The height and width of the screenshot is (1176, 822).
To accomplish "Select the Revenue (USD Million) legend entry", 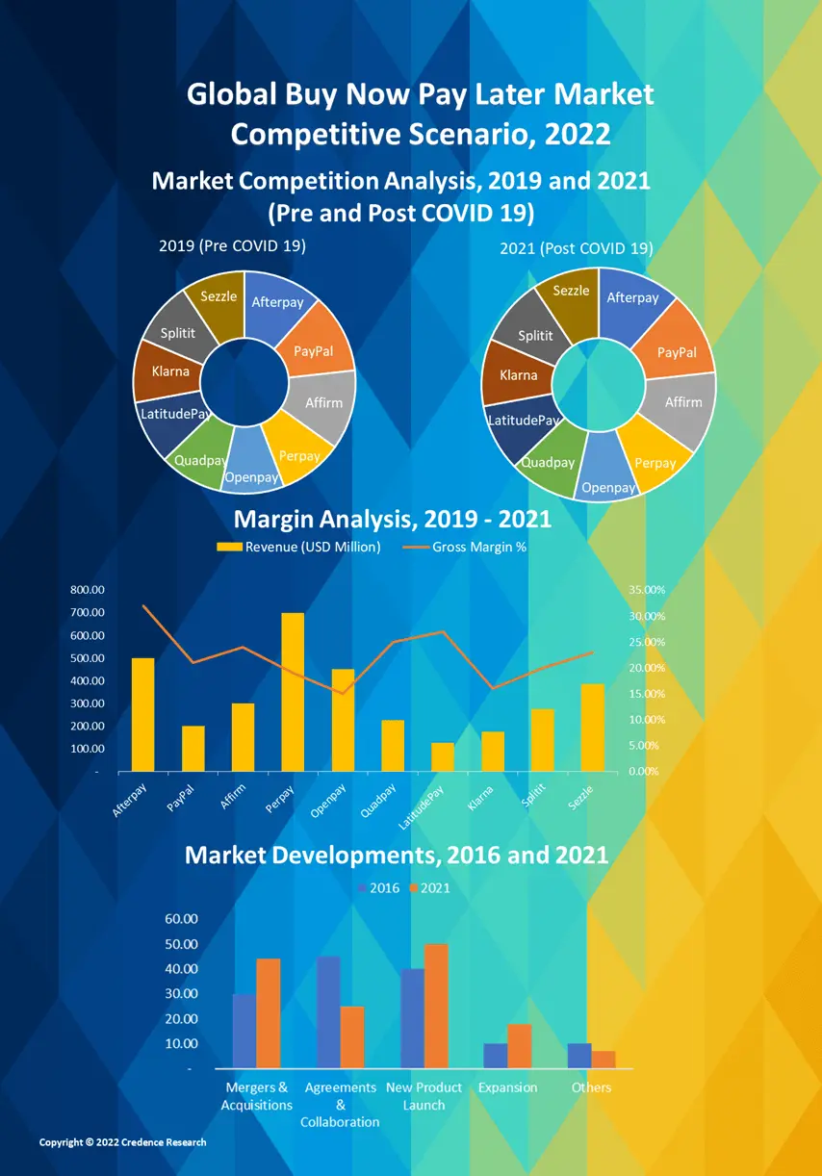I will [x=299, y=548].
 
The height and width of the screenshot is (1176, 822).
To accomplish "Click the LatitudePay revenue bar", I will [x=443, y=756].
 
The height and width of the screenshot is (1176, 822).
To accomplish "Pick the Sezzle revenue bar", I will [x=593, y=727].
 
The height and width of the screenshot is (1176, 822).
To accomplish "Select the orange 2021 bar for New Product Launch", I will [x=436, y=1006].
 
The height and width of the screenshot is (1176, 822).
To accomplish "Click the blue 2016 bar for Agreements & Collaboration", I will [x=328, y=1011].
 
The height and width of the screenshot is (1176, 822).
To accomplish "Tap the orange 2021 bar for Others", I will [x=604, y=1059].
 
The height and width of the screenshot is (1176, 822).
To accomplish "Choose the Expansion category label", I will [x=507, y=1087].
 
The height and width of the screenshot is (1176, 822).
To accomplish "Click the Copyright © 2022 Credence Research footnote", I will [x=122, y=1142].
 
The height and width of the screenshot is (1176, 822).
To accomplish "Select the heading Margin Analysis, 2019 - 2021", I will [x=393, y=520].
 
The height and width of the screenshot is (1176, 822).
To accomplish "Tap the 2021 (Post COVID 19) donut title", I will [x=576, y=248].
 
